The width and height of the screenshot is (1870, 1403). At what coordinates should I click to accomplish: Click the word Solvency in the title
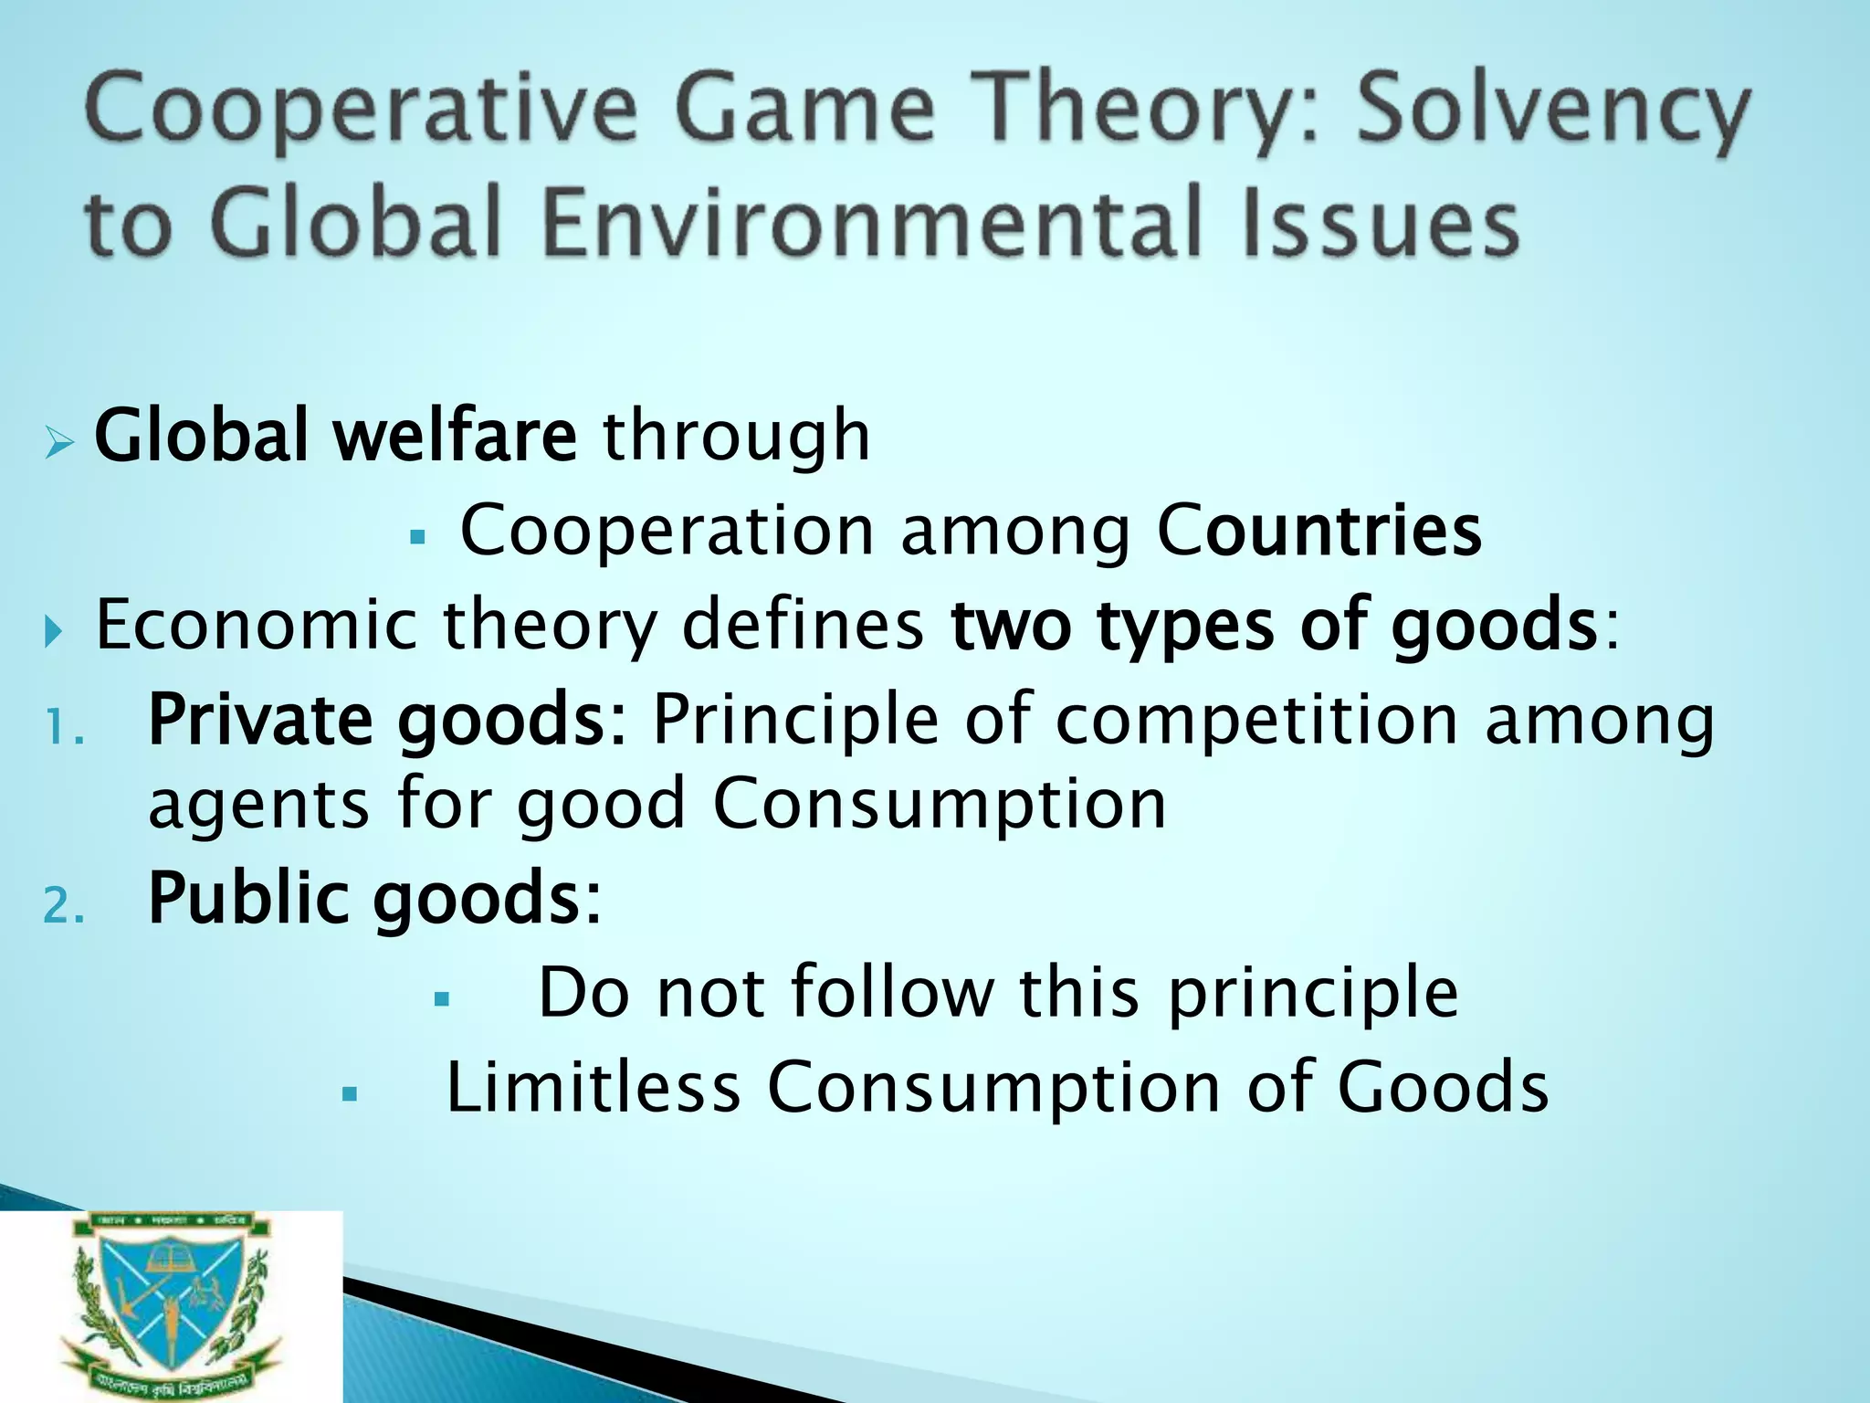pos(1552,114)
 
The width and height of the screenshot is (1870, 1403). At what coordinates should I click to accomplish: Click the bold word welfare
pos(454,436)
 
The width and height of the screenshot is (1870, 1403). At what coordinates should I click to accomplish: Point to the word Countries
pos(1319,531)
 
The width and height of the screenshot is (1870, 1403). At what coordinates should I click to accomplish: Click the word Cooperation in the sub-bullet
pos(667,533)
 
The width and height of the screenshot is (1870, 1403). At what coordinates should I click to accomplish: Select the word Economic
pos(257,626)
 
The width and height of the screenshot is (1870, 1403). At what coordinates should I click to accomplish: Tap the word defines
pos(803,626)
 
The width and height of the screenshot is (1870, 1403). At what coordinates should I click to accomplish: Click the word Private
pos(260,721)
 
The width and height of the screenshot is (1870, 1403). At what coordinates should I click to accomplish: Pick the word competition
pos(1256,721)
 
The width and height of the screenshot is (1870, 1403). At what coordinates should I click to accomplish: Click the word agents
pos(258,807)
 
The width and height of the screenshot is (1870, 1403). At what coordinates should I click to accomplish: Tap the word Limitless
pos(593,1088)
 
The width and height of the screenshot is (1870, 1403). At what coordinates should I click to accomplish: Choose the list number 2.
pos(64,907)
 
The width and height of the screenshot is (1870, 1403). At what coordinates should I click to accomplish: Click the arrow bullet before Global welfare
pos(58,445)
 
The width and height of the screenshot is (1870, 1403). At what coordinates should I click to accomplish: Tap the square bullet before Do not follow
pos(443,999)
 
